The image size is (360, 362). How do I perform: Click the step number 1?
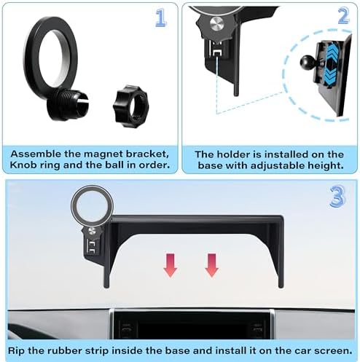pyautogui.click(x=161, y=18)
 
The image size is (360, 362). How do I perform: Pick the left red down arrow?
pyautogui.click(x=170, y=265)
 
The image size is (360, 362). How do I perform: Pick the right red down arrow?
pyautogui.click(x=212, y=265)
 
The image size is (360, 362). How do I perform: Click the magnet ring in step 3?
pyautogui.click(x=90, y=205)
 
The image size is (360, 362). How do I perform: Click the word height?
pyautogui.click(x=324, y=167)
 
